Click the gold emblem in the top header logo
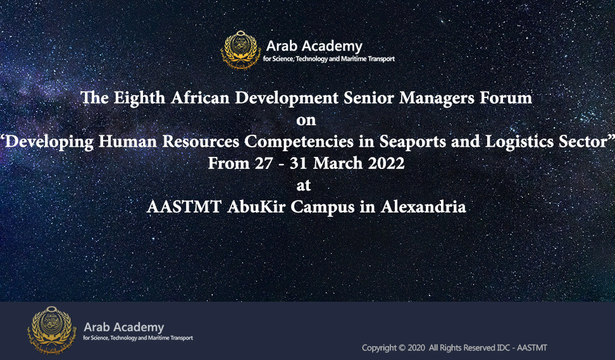(240, 50)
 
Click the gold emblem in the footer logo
(51, 330)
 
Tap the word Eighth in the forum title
(139, 98)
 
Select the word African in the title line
(200, 97)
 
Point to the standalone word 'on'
(306, 120)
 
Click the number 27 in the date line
(264, 163)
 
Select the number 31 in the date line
(299, 163)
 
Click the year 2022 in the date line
(386, 163)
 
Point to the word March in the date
(338, 163)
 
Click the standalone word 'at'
(304, 185)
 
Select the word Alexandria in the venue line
(423, 207)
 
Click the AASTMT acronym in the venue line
(184, 207)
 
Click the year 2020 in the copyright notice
(416, 348)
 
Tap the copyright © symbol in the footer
(402, 348)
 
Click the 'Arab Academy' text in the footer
(124, 327)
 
